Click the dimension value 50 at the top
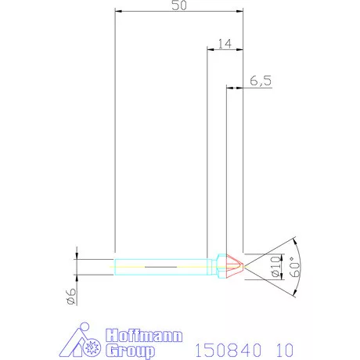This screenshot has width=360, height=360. [178, 5]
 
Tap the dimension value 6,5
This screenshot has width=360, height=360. [261, 81]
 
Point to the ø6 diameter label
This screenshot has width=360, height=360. [70, 295]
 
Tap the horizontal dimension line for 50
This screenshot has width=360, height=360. [178, 12]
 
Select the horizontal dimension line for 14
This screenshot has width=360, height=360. [225, 50]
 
